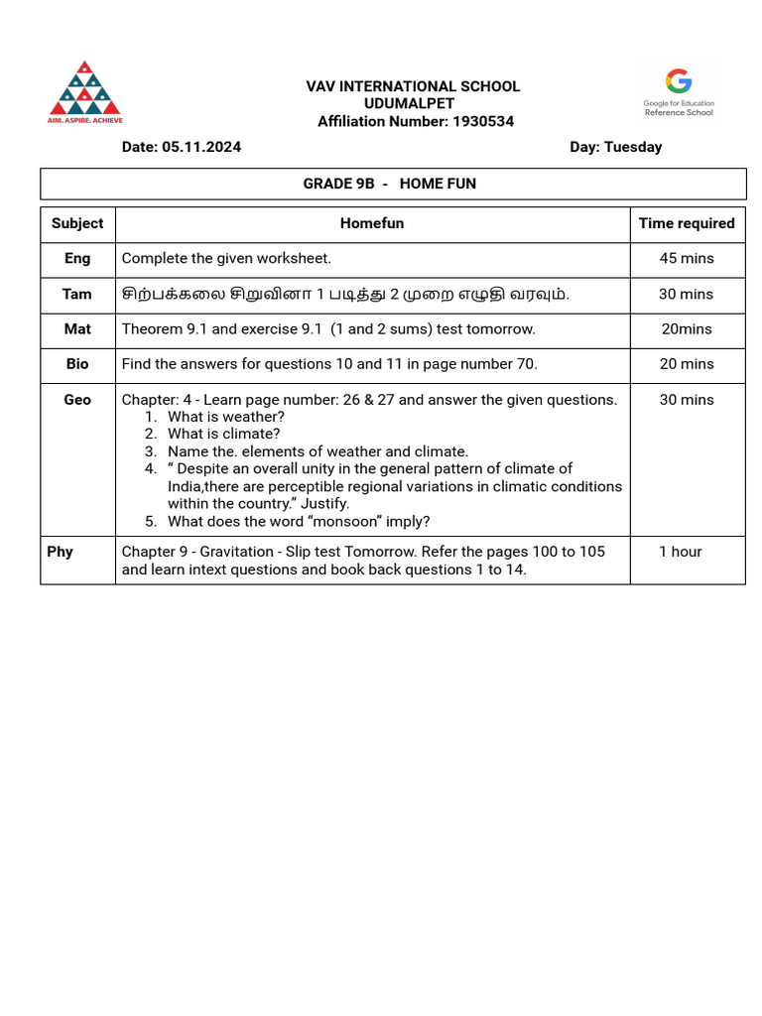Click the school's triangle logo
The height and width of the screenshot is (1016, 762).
(x=85, y=89)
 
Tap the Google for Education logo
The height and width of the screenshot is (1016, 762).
(x=679, y=91)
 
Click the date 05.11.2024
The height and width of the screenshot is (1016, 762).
(x=208, y=147)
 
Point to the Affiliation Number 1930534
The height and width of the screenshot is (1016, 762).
(x=483, y=121)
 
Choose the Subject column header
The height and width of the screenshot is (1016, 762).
(x=77, y=223)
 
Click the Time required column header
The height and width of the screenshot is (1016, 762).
(x=687, y=223)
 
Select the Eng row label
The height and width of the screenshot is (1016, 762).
(x=77, y=258)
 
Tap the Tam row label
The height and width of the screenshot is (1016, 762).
(x=77, y=294)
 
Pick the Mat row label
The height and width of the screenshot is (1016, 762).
(x=77, y=328)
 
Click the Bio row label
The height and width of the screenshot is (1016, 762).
(x=77, y=364)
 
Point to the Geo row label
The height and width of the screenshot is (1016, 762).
(x=77, y=400)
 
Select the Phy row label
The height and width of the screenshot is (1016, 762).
(x=60, y=552)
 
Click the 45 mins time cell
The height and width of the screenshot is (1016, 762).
(x=687, y=258)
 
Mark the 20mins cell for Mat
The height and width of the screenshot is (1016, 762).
(x=687, y=328)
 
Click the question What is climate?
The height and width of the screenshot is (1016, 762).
(x=223, y=434)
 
